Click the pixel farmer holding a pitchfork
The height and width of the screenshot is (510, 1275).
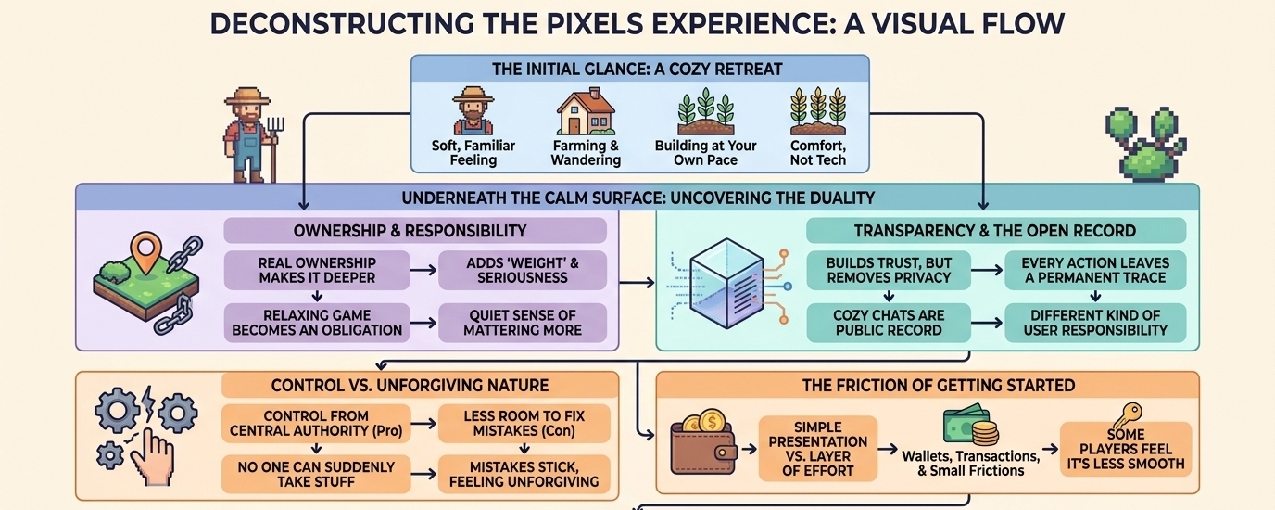click(251, 135)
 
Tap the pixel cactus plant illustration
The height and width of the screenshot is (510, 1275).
click(1145, 144)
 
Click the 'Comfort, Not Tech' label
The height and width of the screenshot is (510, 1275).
click(818, 153)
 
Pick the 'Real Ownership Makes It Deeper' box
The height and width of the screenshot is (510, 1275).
click(318, 271)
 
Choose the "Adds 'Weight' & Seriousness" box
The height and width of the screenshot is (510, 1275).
click(523, 271)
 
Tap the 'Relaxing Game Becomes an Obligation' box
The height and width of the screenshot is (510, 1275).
click(318, 322)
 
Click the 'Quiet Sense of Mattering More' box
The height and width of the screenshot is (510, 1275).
click(523, 322)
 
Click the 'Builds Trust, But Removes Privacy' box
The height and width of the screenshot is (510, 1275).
click(889, 271)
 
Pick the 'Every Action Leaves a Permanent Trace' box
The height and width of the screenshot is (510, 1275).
click(1095, 271)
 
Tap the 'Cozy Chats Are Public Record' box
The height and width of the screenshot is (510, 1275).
click(889, 322)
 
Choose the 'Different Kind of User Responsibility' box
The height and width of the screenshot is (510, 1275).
click(1095, 322)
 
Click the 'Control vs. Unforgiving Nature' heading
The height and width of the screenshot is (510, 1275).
click(410, 385)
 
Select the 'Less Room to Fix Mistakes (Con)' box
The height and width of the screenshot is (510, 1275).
click(524, 424)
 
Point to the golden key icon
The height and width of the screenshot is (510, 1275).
click(1128, 414)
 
